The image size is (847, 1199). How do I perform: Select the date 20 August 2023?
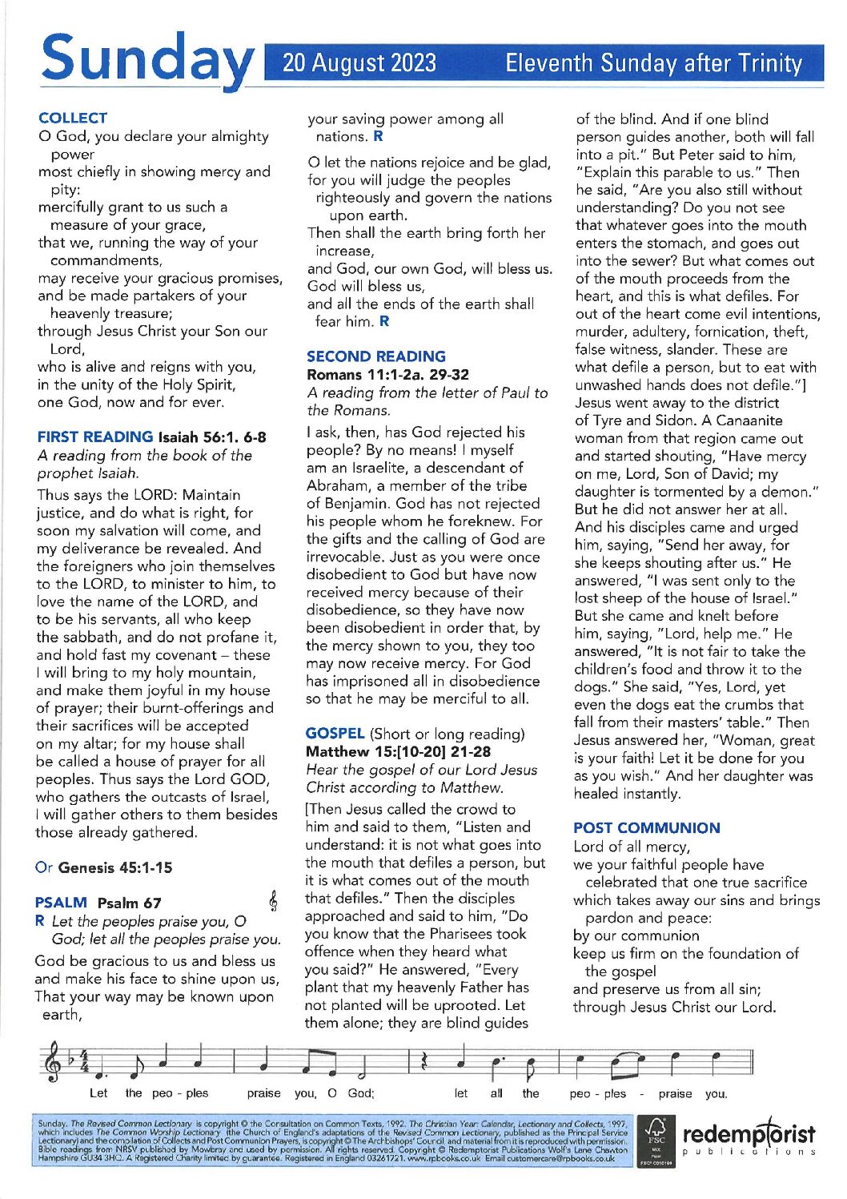(359, 62)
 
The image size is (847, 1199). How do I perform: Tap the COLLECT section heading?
(72, 118)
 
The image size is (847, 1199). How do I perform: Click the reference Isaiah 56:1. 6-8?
(212, 437)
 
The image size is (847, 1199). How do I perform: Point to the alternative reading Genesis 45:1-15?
(114, 867)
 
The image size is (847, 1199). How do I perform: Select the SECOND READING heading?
(376, 356)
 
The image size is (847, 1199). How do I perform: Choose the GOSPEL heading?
(335, 734)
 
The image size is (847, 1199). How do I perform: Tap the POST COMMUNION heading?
(647, 828)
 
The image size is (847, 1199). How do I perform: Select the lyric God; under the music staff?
(360, 1093)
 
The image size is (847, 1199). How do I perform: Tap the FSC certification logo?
(656, 1138)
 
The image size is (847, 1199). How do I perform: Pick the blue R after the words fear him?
(384, 321)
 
